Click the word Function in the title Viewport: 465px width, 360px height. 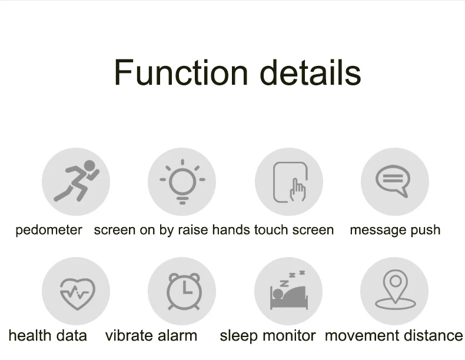181,72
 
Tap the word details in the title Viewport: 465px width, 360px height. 311,72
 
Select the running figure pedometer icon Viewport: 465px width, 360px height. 77,181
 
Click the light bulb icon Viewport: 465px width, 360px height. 182,182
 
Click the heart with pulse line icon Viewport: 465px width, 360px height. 77,294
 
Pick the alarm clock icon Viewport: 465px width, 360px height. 184,291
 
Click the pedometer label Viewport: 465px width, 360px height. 49,230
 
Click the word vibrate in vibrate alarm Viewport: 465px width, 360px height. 129,336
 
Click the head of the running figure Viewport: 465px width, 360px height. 89,166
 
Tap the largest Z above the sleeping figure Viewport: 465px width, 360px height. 284,284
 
